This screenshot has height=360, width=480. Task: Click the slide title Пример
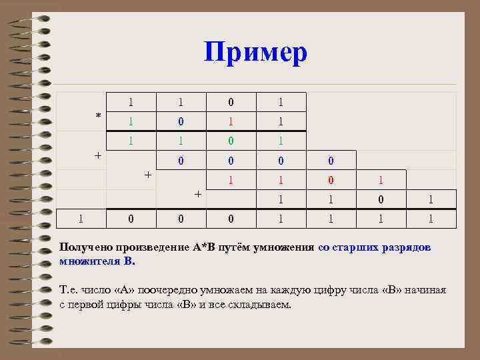coord(255,52)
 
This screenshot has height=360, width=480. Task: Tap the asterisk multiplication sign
coord(99,117)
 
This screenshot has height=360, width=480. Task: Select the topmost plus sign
coord(98,155)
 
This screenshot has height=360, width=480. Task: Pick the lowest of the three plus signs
coord(197,193)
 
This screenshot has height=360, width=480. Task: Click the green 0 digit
coord(231,141)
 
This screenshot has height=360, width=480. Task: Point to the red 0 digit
coord(331,180)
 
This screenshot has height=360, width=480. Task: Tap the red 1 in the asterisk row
coord(231,122)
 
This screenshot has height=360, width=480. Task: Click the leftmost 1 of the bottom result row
coord(81,217)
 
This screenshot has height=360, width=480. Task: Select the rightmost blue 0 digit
coord(331,161)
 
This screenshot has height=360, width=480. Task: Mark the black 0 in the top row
coord(231,103)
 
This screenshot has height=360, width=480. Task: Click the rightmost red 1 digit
coord(381,180)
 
